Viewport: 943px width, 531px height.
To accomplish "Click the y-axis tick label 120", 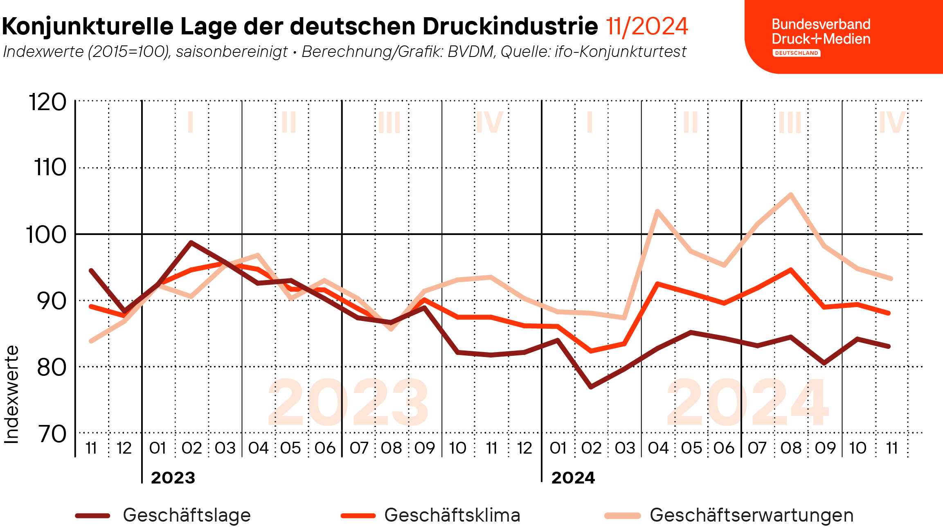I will [47, 102].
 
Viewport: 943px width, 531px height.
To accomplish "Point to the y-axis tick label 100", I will [46, 235].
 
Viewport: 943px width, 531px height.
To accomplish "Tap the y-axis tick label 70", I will [52, 434].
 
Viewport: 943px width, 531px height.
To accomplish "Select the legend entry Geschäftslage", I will [187, 515].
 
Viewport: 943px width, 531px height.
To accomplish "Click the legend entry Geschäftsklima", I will [452, 515].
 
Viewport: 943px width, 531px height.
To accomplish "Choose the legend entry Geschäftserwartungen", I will [751, 515].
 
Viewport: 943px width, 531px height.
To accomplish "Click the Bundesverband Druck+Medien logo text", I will [821, 32].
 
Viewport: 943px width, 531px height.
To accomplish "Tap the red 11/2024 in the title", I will [647, 27].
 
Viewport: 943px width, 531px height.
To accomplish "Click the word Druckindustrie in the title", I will [510, 27].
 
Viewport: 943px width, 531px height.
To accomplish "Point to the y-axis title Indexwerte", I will [11, 394].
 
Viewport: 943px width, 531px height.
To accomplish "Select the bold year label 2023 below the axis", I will [173, 478].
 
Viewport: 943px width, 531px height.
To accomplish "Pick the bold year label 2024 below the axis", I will [573, 478].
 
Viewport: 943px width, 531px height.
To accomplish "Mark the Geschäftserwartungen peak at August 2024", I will [791, 194].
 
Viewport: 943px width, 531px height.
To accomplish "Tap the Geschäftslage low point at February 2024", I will [591, 386].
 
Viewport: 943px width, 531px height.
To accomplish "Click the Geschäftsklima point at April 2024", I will [657, 284].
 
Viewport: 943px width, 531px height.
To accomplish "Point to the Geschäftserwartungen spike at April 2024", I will [657, 211].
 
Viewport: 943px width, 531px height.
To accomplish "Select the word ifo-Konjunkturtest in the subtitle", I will [620, 52].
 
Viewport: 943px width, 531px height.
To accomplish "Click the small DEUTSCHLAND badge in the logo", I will [796, 53].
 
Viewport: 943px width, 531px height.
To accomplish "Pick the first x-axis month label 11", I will [92, 448].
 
